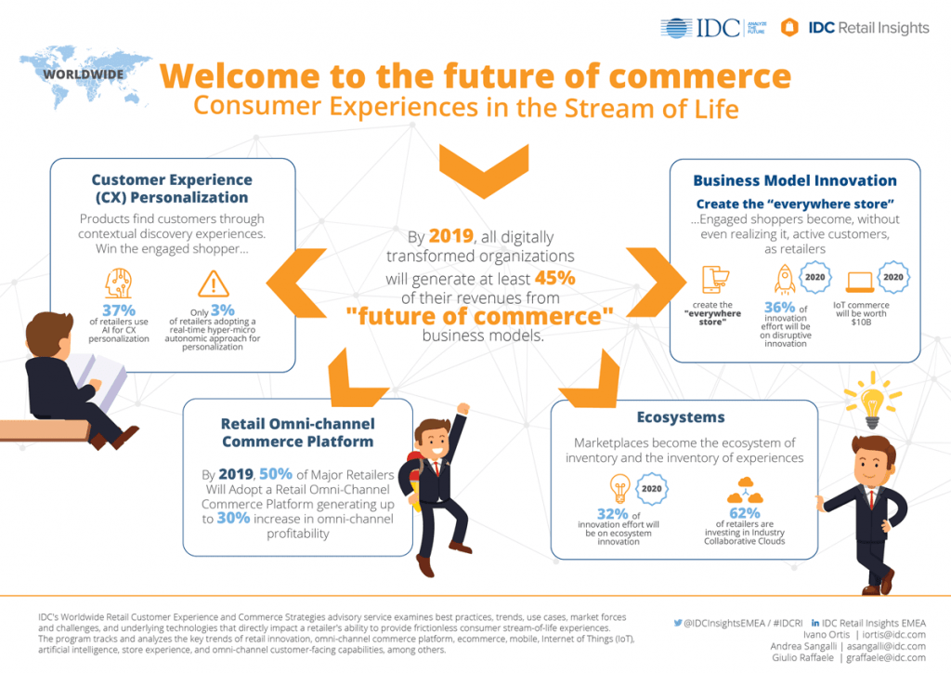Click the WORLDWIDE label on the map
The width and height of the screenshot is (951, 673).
tap(83, 74)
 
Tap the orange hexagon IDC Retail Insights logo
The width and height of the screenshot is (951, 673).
tap(789, 27)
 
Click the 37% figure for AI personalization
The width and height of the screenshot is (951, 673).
tap(119, 310)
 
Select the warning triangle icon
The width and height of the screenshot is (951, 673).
tap(214, 284)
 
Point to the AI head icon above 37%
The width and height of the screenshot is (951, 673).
tap(119, 283)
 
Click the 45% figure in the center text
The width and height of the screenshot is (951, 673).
tap(555, 278)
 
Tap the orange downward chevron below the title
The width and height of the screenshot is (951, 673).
tap(484, 172)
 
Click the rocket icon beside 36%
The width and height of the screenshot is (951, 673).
tap(785, 279)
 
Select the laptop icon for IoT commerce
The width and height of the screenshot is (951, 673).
tap(860, 283)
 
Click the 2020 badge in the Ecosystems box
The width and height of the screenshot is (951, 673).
tap(652, 489)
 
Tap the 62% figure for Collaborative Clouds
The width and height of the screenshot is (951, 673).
tap(745, 513)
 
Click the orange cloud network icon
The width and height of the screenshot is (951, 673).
tap(746, 490)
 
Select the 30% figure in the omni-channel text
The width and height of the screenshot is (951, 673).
tap(233, 518)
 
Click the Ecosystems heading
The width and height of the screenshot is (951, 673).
tap(681, 417)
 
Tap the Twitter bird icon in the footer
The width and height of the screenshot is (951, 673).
tap(677, 623)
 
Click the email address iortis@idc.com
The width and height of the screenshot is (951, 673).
tap(894, 634)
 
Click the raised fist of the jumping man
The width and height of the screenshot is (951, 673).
tap(463, 408)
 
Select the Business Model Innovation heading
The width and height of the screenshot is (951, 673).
tap(795, 180)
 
